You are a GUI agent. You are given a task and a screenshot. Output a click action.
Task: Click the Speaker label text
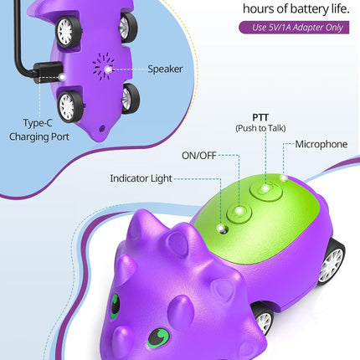(x=165, y=69)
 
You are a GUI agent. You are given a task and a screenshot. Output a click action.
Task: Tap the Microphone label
(x=321, y=144)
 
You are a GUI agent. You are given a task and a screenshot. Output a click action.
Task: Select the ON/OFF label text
(x=199, y=156)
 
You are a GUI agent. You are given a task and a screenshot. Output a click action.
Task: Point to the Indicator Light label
(x=141, y=178)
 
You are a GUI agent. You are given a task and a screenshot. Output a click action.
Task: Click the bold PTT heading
(x=260, y=117)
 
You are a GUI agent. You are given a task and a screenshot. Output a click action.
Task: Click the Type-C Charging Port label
(x=39, y=130)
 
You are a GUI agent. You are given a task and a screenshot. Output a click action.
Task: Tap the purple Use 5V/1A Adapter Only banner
(x=294, y=28)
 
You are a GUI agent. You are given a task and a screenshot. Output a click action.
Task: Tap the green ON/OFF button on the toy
(x=239, y=213)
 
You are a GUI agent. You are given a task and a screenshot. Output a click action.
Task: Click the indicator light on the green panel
(x=223, y=229)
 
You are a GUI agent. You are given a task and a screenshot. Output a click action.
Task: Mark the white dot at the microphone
(x=284, y=177)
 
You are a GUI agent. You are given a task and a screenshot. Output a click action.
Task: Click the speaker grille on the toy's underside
(x=103, y=67)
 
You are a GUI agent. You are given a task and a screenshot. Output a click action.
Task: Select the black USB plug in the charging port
(x=48, y=72)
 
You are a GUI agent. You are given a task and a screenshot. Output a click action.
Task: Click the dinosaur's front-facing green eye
(x=158, y=337)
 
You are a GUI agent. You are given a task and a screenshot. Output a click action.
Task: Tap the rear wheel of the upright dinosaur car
(x=332, y=262)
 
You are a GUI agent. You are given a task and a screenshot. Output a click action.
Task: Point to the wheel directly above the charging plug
(x=69, y=30)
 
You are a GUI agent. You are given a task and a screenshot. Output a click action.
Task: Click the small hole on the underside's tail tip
(x=102, y=129)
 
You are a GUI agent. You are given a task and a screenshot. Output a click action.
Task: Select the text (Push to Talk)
(x=260, y=128)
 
